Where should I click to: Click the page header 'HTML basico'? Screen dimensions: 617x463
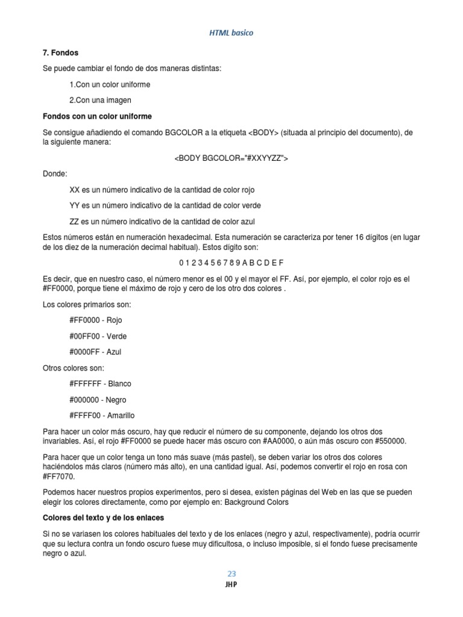[x=231, y=33]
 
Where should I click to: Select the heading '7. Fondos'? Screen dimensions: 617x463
[x=60, y=53]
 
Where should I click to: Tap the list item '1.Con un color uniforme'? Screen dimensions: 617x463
[x=110, y=84]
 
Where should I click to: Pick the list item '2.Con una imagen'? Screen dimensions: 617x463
[x=100, y=100]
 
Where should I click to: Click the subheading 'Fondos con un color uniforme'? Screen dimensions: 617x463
[x=97, y=116]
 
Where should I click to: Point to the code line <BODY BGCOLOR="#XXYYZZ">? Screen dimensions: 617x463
[x=231, y=158]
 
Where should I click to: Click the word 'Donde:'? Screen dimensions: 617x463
[x=55, y=174]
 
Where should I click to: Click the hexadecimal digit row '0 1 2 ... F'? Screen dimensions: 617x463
[x=231, y=263]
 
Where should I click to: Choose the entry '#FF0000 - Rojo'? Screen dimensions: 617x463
[x=96, y=320]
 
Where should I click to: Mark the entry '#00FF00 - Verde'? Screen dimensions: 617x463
[x=98, y=336]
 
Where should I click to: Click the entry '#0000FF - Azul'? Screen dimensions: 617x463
[x=95, y=352]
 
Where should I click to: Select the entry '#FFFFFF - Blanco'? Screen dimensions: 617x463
[x=100, y=384]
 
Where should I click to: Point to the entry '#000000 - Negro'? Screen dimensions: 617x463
[x=98, y=399]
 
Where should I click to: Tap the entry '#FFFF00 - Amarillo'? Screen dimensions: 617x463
[x=102, y=415]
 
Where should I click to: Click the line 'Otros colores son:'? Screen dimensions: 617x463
[x=74, y=368]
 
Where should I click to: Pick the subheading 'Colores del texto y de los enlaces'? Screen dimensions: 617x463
[x=104, y=518]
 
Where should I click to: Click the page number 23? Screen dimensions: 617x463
[x=231, y=574]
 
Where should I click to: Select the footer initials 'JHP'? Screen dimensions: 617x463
[x=231, y=584]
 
